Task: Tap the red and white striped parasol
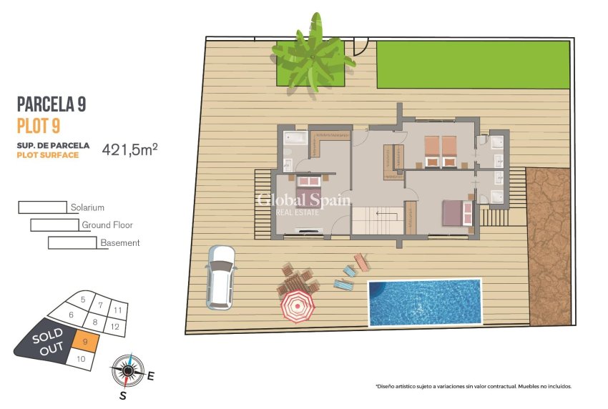pos(297,306)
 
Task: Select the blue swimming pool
pos(424,302)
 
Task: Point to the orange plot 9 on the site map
pos(85,343)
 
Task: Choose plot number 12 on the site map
pos(114,327)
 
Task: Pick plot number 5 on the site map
pos(83,300)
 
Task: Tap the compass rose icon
pos(127,370)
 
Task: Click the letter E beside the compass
pos(150,375)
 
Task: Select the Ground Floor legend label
pos(107,225)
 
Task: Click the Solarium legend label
pos(87,207)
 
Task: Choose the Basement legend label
pos(119,243)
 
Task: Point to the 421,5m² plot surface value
pos(129,149)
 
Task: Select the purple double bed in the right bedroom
pos(456,213)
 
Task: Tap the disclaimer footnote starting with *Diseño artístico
pos(473,386)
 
